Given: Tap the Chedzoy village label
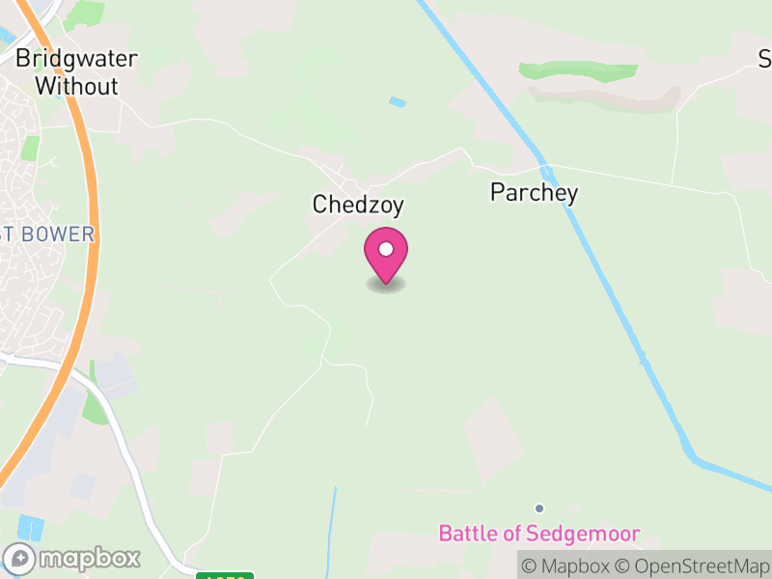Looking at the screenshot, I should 357,205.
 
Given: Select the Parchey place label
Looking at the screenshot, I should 534,192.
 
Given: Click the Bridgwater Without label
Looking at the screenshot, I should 76,72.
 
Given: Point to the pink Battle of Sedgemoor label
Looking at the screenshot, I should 539,533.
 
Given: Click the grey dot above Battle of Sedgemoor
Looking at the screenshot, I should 539,509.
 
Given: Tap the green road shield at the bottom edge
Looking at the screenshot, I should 224,575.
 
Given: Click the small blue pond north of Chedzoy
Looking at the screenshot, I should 398,101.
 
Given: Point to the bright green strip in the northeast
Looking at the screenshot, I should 578,71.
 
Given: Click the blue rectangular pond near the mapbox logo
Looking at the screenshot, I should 31,528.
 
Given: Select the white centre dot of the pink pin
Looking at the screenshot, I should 386,250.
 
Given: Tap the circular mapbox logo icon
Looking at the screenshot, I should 19,558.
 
